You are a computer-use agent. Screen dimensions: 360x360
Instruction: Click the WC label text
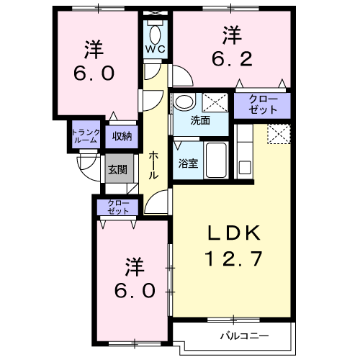click(x=156, y=49)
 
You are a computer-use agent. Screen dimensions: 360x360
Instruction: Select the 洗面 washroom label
click(x=200, y=120)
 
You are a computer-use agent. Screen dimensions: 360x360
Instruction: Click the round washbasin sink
click(x=184, y=102)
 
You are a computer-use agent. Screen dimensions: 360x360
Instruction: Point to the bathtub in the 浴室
click(x=216, y=160)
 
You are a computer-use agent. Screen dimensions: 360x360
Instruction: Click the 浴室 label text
click(x=188, y=163)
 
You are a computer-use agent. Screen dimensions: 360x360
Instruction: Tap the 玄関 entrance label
click(x=117, y=170)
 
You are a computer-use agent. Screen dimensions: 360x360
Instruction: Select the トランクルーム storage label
click(x=86, y=136)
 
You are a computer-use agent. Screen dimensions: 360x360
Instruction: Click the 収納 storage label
click(x=122, y=137)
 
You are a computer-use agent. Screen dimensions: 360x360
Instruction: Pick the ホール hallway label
click(x=153, y=166)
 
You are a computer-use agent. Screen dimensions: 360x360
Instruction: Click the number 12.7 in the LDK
click(x=233, y=258)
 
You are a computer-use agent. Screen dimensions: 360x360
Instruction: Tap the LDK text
click(x=234, y=233)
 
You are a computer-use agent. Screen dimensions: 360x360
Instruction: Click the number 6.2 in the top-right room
click(x=232, y=59)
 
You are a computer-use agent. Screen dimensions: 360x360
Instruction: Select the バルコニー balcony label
click(x=245, y=336)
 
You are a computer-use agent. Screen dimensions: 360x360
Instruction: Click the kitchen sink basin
click(x=245, y=167)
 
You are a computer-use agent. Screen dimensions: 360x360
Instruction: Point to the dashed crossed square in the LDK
click(x=279, y=134)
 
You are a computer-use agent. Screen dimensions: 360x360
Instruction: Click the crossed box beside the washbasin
click(x=215, y=102)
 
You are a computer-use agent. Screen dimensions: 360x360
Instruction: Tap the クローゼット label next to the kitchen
click(x=263, y=104)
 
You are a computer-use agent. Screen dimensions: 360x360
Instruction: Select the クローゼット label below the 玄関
click(x=118, y=207)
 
